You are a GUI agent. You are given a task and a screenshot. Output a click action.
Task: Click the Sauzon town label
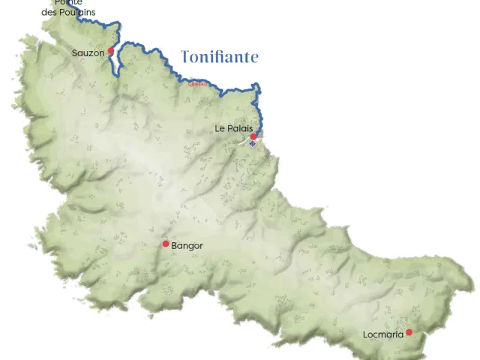tap(88, 53)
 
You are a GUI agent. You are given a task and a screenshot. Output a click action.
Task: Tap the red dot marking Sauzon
tap(110, 51)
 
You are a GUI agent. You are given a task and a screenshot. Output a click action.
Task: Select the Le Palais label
tap(233, 129)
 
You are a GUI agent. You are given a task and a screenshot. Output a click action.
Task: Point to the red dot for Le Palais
tap(253, 136)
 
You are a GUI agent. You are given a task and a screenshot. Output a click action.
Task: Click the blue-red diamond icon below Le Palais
tap(253, 144)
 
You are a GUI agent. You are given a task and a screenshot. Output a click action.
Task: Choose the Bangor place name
tap(187, 245)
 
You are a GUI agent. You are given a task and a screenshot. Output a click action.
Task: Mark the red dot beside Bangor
tap(166, 244)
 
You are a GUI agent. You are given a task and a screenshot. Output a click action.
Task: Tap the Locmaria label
tap(382, 334)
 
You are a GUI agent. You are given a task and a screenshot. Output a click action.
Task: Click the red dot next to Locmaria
tap(409, 332)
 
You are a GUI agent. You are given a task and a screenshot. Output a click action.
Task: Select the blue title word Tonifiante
tap(220, 57)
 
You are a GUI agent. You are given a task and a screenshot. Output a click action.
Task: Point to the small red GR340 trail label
tap(198, 84)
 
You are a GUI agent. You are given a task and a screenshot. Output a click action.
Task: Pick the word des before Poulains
tap(49, 13)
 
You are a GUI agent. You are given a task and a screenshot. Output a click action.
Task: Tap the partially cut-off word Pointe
tap(68, 3)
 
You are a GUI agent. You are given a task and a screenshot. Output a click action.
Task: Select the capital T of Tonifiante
tap(186, 57)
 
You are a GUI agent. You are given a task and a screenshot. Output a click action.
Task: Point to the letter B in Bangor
tap(175, 245)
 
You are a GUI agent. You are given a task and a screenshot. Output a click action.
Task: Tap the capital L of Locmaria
tap(365, 334)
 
